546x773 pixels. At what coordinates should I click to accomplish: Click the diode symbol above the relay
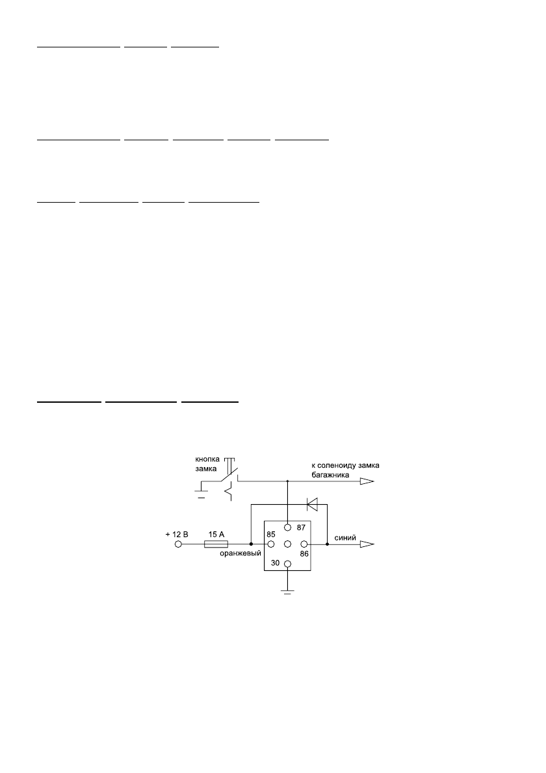[x=311, y=503]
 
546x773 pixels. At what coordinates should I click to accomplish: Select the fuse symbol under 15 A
[x=216, y=544]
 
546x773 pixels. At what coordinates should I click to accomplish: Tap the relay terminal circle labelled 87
[x=287, y=528]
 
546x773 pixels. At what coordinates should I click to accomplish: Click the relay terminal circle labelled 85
[x=270, y=544]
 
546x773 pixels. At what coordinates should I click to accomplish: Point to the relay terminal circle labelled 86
[x=304, y=544]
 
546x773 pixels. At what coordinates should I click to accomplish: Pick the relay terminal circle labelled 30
[x=287, y=564]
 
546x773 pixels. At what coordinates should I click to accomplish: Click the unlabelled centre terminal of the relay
[x=287, y=544]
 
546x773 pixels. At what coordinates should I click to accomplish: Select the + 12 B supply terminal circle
[x=178, y=544]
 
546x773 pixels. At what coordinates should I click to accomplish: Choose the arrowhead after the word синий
[x=367, y=544]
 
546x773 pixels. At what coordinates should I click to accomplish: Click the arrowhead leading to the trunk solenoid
[x=367, y=481]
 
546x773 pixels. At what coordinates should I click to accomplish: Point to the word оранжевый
[x=240, y=553]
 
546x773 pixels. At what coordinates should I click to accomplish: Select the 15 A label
[x=216, y=534]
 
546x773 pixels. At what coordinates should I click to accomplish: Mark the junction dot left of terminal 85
[x=252, y=544]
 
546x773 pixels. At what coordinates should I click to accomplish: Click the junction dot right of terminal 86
[x=327, y=544]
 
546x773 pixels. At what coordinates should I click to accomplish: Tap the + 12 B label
[x=177, y=534]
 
